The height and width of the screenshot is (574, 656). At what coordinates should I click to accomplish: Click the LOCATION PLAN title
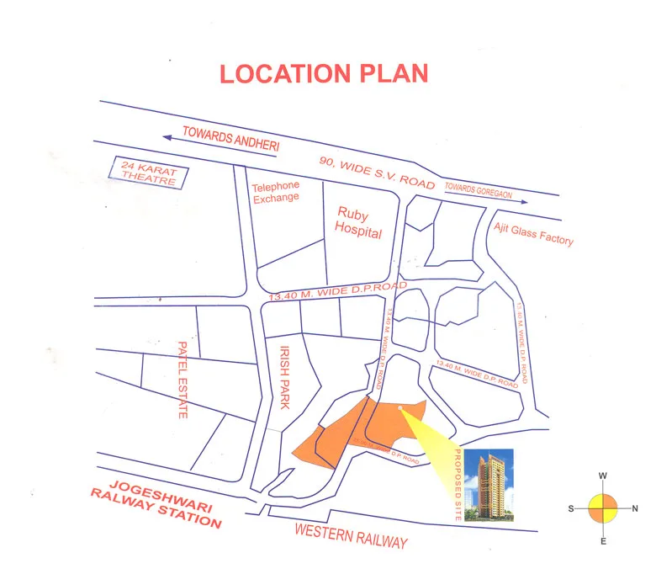tap(324, 73)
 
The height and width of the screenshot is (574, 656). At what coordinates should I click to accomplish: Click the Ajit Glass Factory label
tap(533, 233)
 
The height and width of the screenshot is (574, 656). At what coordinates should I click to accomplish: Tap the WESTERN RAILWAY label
tap(352, 535)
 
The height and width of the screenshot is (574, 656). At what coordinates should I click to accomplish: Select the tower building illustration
tap(489, 486)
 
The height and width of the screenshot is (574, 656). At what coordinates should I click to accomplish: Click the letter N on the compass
tap(635, 508)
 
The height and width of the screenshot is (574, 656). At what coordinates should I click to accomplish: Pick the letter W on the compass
tap(603, 476)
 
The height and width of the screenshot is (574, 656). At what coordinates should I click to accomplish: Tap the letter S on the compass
tap(571, 508)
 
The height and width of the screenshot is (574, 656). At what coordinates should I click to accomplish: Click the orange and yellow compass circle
tap(603, 508)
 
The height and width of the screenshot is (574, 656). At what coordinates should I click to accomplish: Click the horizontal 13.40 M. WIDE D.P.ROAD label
tap(336, 291)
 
